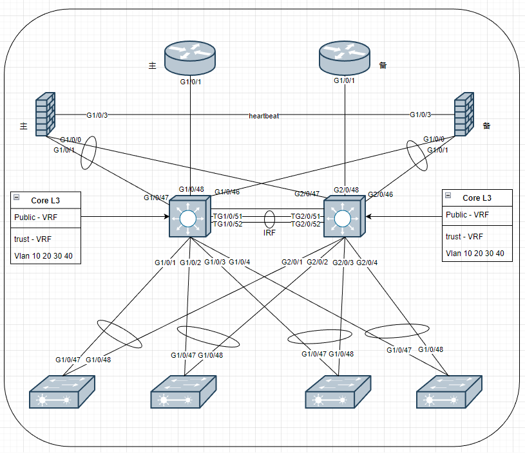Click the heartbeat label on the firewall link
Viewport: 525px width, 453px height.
point(264,116)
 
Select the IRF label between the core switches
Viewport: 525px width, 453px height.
point(269,233)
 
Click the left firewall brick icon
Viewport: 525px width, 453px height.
point(46,116)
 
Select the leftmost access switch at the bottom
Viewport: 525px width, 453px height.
point(62,391)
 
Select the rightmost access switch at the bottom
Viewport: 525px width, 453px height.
point(449,391)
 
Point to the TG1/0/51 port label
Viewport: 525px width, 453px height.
point(227,216)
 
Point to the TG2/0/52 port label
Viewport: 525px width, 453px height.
point(305,225)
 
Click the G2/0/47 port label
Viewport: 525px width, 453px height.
point(307,194)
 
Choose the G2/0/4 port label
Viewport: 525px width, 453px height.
point(367,262)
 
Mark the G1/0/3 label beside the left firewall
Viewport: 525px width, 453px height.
point(97,115)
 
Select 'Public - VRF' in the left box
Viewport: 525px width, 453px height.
point(35,217)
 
